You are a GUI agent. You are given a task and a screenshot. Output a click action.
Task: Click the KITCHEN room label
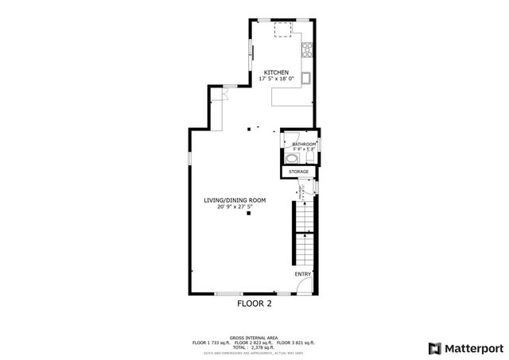coord(276,72)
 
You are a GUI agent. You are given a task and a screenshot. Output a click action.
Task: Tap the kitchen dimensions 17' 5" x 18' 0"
coord(276,79)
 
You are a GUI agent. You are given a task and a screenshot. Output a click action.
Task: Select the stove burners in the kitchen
coord(308,50)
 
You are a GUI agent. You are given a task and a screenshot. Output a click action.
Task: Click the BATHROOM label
coord(304,144)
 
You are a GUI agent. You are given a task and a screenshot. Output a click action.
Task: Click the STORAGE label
coord(298,172)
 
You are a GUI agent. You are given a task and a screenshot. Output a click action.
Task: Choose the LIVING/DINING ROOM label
coord(234,199)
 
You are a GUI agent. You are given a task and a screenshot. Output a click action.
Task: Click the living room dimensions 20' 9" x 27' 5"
coord(234,207)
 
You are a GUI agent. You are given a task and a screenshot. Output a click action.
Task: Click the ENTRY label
coord(303,274)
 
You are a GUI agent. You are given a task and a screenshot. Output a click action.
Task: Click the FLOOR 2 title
coord(254,304)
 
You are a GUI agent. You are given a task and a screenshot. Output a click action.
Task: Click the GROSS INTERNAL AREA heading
coord(254,337)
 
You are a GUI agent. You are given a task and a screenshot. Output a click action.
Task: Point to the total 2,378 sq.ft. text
coord(254,347)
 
